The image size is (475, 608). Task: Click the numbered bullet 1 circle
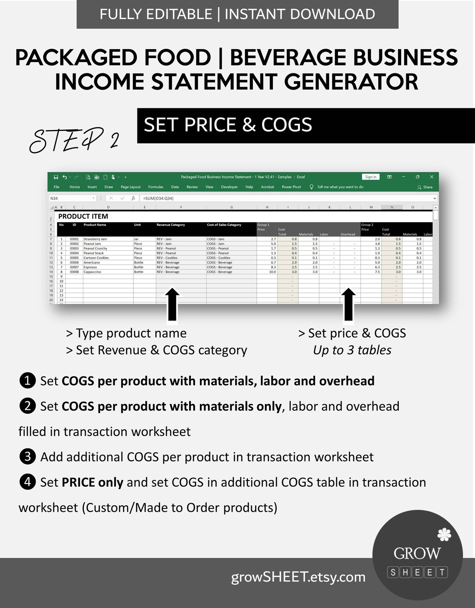(27, 381)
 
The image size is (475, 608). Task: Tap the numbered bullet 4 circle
(27, 482)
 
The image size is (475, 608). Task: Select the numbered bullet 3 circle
(27, 457)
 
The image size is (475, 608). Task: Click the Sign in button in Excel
(370, 177)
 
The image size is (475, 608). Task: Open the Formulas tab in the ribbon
(156, 187)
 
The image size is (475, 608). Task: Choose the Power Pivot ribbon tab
(291, 187)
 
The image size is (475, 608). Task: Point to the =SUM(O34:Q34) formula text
(158, 198)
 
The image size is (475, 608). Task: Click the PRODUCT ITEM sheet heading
(83, 216)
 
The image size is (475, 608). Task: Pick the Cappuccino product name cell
(92, 272)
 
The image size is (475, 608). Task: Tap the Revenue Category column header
(171, 225)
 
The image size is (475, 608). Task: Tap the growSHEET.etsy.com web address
(298, 577)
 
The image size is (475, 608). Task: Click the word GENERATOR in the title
(351, 81)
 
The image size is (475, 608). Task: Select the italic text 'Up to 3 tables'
(352, 350)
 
